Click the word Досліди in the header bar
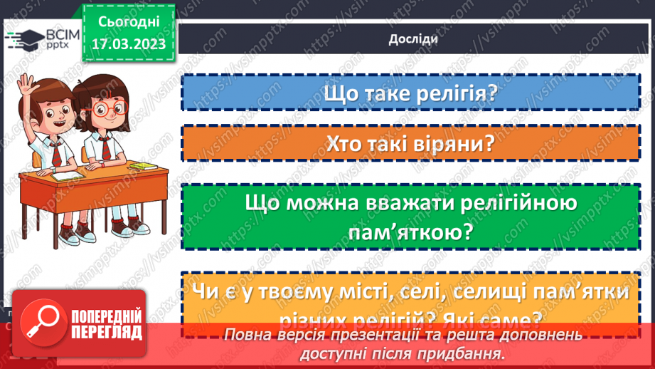(413, 39)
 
